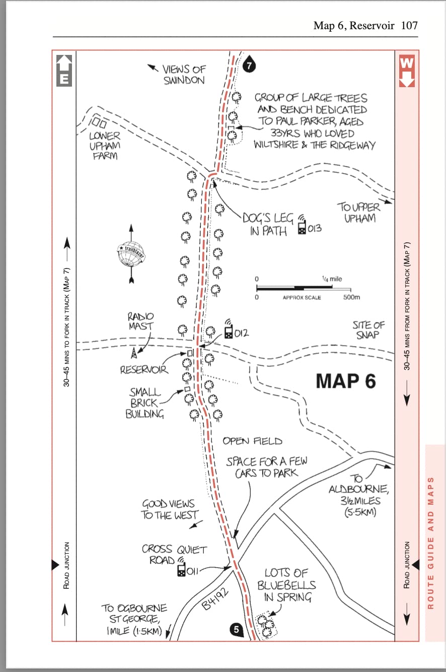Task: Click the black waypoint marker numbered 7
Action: [249, 65]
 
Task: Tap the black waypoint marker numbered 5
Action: [237, 629]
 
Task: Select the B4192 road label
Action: [215, 599]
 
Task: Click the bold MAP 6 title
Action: [346, 381]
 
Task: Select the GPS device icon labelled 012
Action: [229, 329]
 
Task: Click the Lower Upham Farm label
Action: [105, 146]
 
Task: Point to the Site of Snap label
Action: [368, 329]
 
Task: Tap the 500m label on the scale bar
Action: [351, 297]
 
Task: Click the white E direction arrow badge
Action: [64, 71]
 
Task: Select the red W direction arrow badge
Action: [407, 71]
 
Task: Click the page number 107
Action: [409, 26]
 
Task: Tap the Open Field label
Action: [252, 441]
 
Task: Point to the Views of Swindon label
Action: [184, 75]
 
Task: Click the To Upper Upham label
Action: [359, 213]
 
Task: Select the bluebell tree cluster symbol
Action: [266, 626]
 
